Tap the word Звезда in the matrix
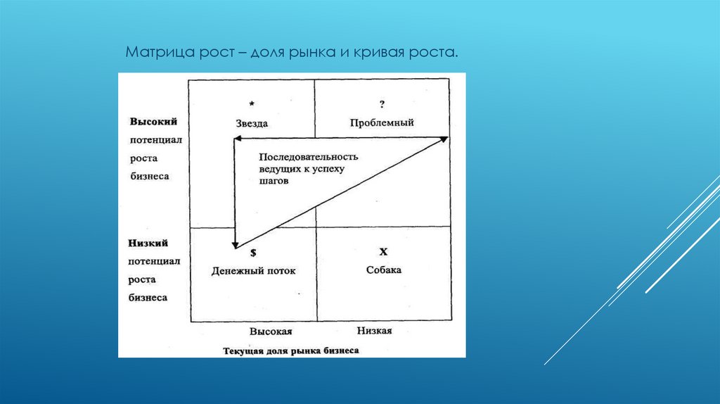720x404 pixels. tap(252, 123)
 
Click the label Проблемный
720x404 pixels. tap(382, 122)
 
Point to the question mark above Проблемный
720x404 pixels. tap(382, 105)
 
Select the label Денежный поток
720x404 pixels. tap(254, 270)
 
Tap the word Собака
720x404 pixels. tap(383, 270)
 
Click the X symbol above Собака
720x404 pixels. tap(383, 251)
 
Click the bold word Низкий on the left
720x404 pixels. tap(148, 243)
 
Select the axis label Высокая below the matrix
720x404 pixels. tap(270, 331)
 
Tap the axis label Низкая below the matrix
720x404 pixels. tap(374, 330)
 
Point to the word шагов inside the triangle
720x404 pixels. tap(271, 180)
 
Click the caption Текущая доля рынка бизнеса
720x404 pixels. tap(291, 350)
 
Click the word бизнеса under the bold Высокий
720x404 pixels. tap(149, 176)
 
